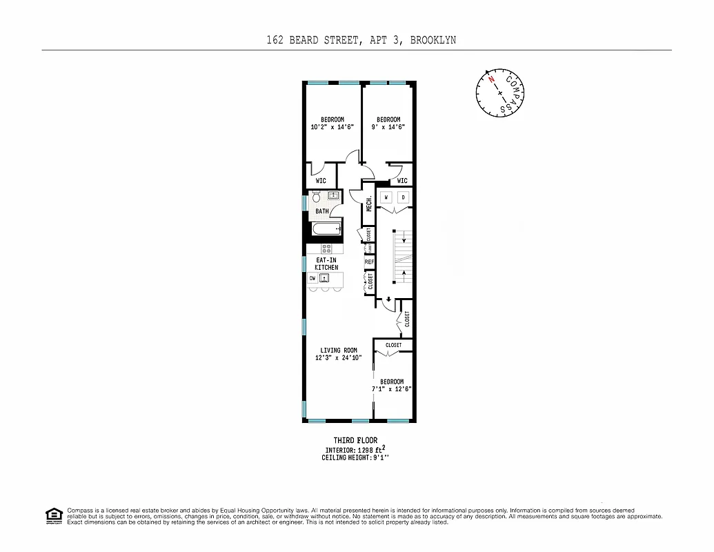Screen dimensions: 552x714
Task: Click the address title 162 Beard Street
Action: point(361,40)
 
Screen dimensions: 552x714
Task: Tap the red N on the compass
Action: point(492,79)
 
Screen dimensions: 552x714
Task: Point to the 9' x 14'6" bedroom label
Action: point(388,123)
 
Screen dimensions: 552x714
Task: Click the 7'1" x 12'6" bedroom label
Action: point(391,386)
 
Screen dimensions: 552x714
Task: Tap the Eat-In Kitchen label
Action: point(326,263)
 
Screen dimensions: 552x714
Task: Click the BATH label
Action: point(322,211)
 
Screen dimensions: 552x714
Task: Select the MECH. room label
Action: point(369,204)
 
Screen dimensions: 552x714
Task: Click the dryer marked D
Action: point(404,197)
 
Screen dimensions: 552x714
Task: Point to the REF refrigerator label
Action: point(369,262)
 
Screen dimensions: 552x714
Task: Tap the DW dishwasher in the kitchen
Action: point(313,278)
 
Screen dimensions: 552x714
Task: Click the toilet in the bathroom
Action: point(317,197)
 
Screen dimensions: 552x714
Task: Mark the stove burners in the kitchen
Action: point(326,248)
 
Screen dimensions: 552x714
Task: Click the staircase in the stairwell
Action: point(401,257)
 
